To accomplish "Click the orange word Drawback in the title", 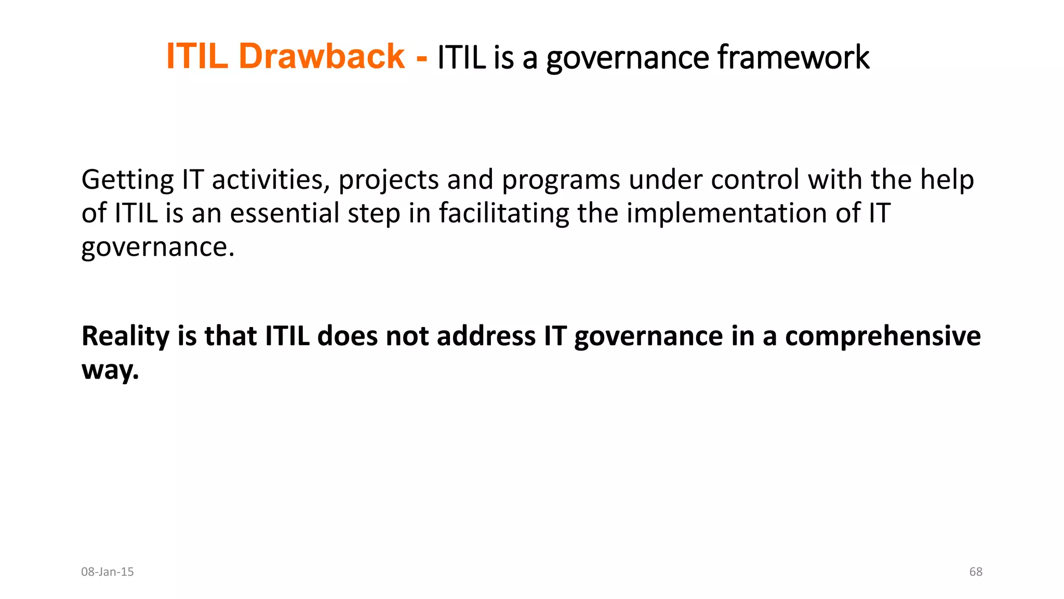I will (x=321, y=56).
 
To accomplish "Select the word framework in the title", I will (x=793, y=57).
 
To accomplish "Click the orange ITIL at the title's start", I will (x=197, y=56).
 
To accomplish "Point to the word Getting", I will (x=127, y=180).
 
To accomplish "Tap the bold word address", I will (x=486, y=336).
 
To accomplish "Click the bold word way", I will (x=110, y=370).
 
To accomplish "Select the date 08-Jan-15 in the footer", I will (x=108, y=572).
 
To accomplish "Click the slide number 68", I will (x=976, y=572).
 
